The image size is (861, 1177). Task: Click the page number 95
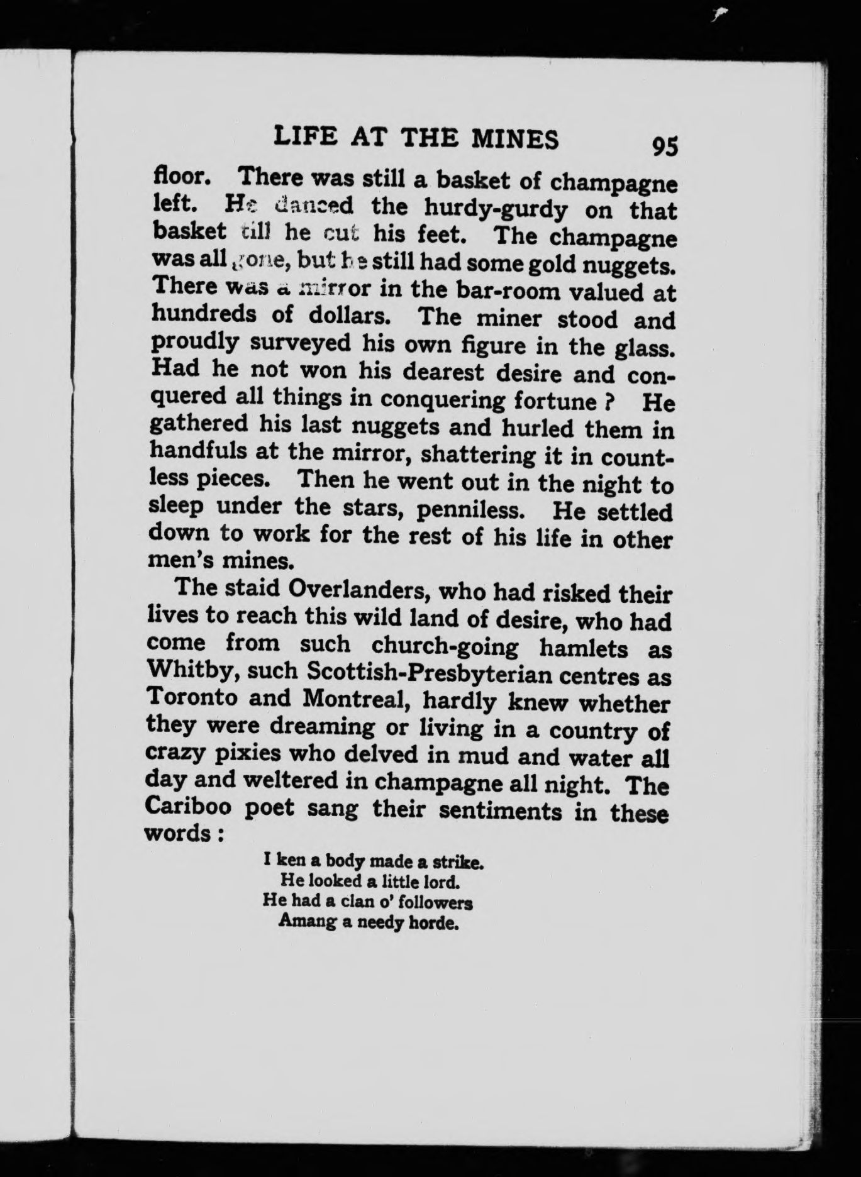click(665, 145)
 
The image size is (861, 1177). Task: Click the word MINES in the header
click(515, 139)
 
